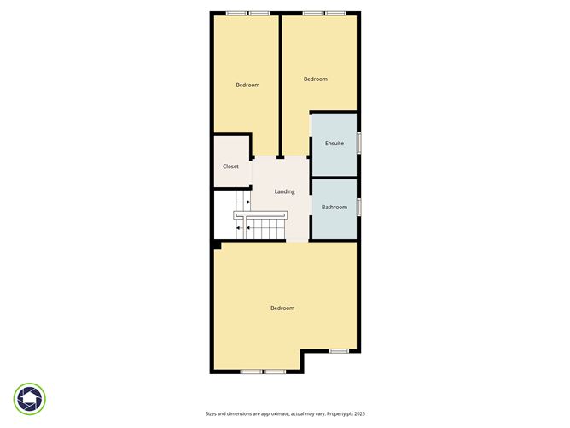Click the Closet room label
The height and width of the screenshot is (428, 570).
point(230,167)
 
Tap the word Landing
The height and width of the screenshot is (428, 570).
point(284,191)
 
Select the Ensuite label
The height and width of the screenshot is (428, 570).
point(334,144)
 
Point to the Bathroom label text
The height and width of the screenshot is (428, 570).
point(334,208)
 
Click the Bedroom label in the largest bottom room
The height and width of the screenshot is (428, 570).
point(282,308)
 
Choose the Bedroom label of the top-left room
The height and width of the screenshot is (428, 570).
point(247,85)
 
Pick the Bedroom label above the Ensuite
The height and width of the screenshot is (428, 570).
point(316,79)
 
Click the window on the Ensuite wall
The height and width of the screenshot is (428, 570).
point(358,143)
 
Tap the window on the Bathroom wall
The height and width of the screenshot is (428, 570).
point(358,206)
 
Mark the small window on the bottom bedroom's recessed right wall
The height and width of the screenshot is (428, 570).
point(339,351)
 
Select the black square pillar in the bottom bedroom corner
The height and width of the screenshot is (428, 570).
point(217,246)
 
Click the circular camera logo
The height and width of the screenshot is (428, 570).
point(30,398)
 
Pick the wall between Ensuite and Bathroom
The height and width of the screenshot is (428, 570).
point(334,177)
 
